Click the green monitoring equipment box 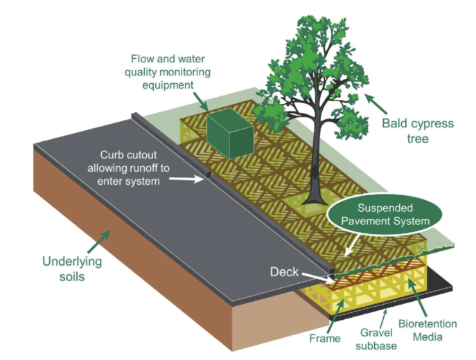[x=230, y=134]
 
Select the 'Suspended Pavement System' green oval [x=385, y=215]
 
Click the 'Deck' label [x=284, y=272]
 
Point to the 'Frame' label [x=325, y=338]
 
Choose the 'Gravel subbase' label [x=376, y=339]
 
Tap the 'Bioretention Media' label [x=427, y=330]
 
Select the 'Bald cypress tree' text [x=418, y=131]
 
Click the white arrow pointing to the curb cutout [x=186, y=179]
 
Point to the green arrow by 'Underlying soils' [x=99, y=242]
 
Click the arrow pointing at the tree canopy [x=376, y=104]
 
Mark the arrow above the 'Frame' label [x=336, y=316]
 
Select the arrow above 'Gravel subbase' [x=383, y=319]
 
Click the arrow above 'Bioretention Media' [x=417, y=298]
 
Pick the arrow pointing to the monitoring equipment [x=200, y=101]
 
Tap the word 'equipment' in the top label [x=168, y=86]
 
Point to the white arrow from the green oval [x=353, y=244]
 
